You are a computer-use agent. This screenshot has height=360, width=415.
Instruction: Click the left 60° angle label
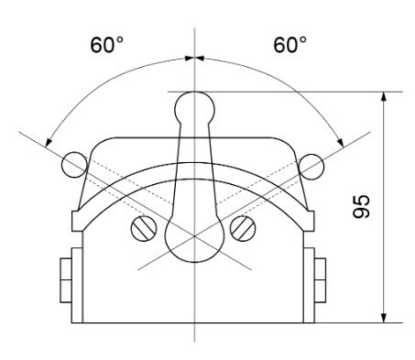click(x=106, y=45)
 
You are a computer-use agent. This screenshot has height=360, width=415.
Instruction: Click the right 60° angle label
click(x=289, y=45)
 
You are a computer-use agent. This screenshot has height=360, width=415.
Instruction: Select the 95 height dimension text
click(x=361, y=206)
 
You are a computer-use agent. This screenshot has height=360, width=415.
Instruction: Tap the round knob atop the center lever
click(x=194, y=107)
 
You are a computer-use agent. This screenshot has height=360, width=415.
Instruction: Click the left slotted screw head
click(x=144, y=228)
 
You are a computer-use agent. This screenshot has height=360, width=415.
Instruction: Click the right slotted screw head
click(x=243, y=228)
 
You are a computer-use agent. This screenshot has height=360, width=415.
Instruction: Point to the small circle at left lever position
click(x=74, y=165)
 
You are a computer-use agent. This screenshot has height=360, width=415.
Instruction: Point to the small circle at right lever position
click(x=311, y=167)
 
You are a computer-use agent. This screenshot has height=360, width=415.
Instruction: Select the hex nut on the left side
click(x=66, y=280)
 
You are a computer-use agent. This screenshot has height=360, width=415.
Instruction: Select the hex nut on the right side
click(x=320, y=280)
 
